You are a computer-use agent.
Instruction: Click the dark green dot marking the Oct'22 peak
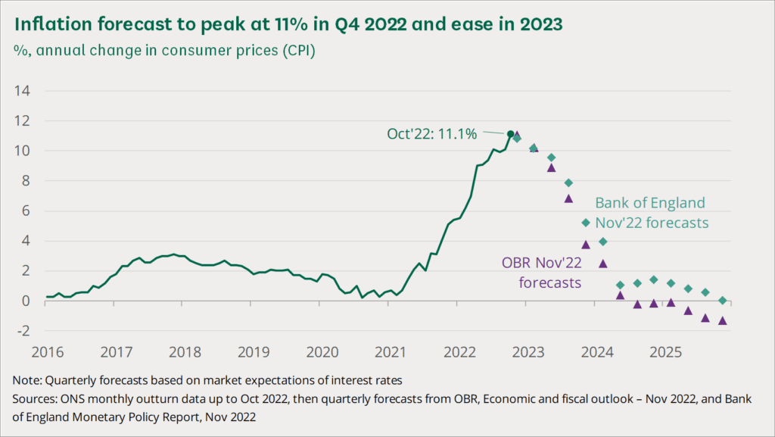click(x=511, y=134)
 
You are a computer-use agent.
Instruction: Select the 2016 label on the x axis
click(x=46, y=352)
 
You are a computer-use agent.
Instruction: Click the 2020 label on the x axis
click(x=322, y=352)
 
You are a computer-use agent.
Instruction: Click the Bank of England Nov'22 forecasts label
click(x=650, y=213)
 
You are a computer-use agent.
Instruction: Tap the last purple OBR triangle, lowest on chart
click(x=722, y=320)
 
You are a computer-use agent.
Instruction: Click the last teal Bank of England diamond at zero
click(x=722, y=301)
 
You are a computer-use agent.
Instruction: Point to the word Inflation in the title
click(x=47, y=24)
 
